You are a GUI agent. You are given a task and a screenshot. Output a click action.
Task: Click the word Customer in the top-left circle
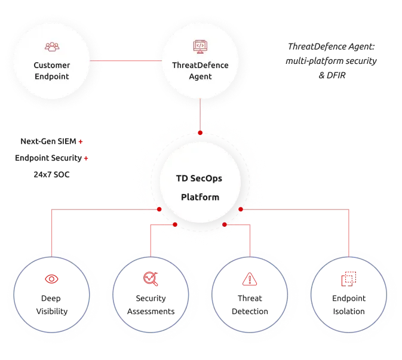[51, 65]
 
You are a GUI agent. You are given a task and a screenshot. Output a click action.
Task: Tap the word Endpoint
[51, 76]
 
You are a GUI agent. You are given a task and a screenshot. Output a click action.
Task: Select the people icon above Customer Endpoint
[51, 47]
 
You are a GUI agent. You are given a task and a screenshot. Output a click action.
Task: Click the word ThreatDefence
[200, 65]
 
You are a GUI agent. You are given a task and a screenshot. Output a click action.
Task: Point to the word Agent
[200, 76]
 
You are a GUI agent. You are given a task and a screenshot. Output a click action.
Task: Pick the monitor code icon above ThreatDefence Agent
[200, 46]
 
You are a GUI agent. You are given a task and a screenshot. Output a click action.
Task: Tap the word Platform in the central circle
[200, 197]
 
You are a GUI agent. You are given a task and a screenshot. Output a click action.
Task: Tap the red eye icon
[51, 279]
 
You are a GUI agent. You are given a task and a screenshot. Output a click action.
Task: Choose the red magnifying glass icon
[150, 278]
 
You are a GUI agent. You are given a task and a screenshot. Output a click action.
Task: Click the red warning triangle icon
[248, 279]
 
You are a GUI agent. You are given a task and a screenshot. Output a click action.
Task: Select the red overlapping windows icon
[347, 279]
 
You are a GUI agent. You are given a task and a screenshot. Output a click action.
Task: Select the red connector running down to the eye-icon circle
[52, 233]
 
